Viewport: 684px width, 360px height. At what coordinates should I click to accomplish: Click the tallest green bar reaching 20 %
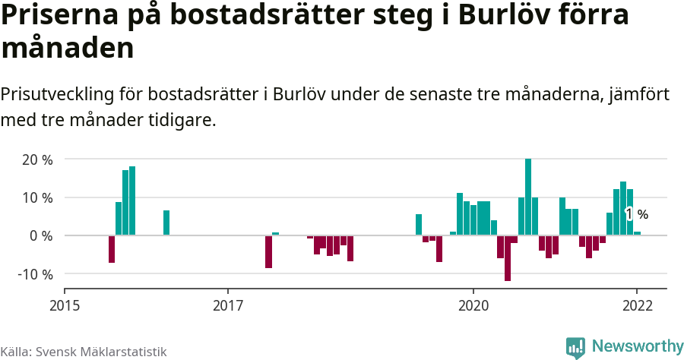pos(528,197)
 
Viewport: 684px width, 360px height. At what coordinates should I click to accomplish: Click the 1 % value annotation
pos(636,215)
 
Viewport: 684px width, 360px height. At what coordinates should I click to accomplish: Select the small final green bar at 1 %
pos(637,233)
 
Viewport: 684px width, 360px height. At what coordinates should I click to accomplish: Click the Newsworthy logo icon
pos(575,347)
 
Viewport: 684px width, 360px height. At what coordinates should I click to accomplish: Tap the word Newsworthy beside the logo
pos(638,346)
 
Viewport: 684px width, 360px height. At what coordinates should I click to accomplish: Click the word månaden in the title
pos(68,49)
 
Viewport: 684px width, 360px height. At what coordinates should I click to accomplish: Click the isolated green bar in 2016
pos(166,223)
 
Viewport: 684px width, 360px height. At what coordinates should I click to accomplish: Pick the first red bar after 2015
pos(112,249)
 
